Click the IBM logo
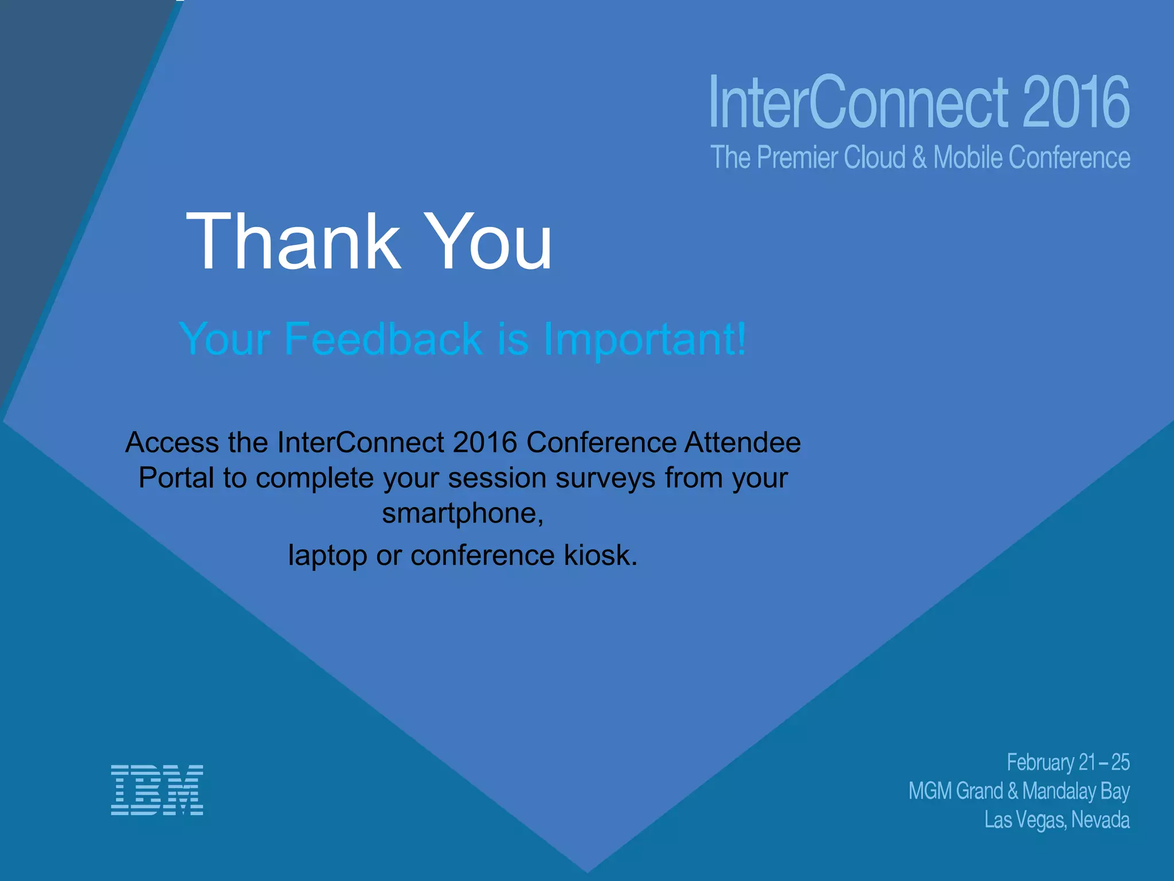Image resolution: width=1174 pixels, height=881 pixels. [156, 790]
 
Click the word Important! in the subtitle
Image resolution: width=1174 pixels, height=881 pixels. [644, 340]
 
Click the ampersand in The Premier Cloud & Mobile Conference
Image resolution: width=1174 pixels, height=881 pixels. [919, 158]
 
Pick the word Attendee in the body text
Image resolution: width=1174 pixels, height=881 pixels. [742, 442]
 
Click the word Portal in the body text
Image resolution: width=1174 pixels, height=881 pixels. [176, 478]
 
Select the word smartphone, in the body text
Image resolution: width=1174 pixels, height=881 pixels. [463, 513]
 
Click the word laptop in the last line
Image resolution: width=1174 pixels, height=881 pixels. [327, 556]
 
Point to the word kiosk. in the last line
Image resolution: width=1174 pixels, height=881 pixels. [601, 555]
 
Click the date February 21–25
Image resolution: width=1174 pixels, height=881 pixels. [1068, 762]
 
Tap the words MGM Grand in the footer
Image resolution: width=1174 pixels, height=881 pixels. [955, 791]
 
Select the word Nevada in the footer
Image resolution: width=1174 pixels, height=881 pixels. [1100, 820]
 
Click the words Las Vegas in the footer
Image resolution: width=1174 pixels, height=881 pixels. [1026, 820]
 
